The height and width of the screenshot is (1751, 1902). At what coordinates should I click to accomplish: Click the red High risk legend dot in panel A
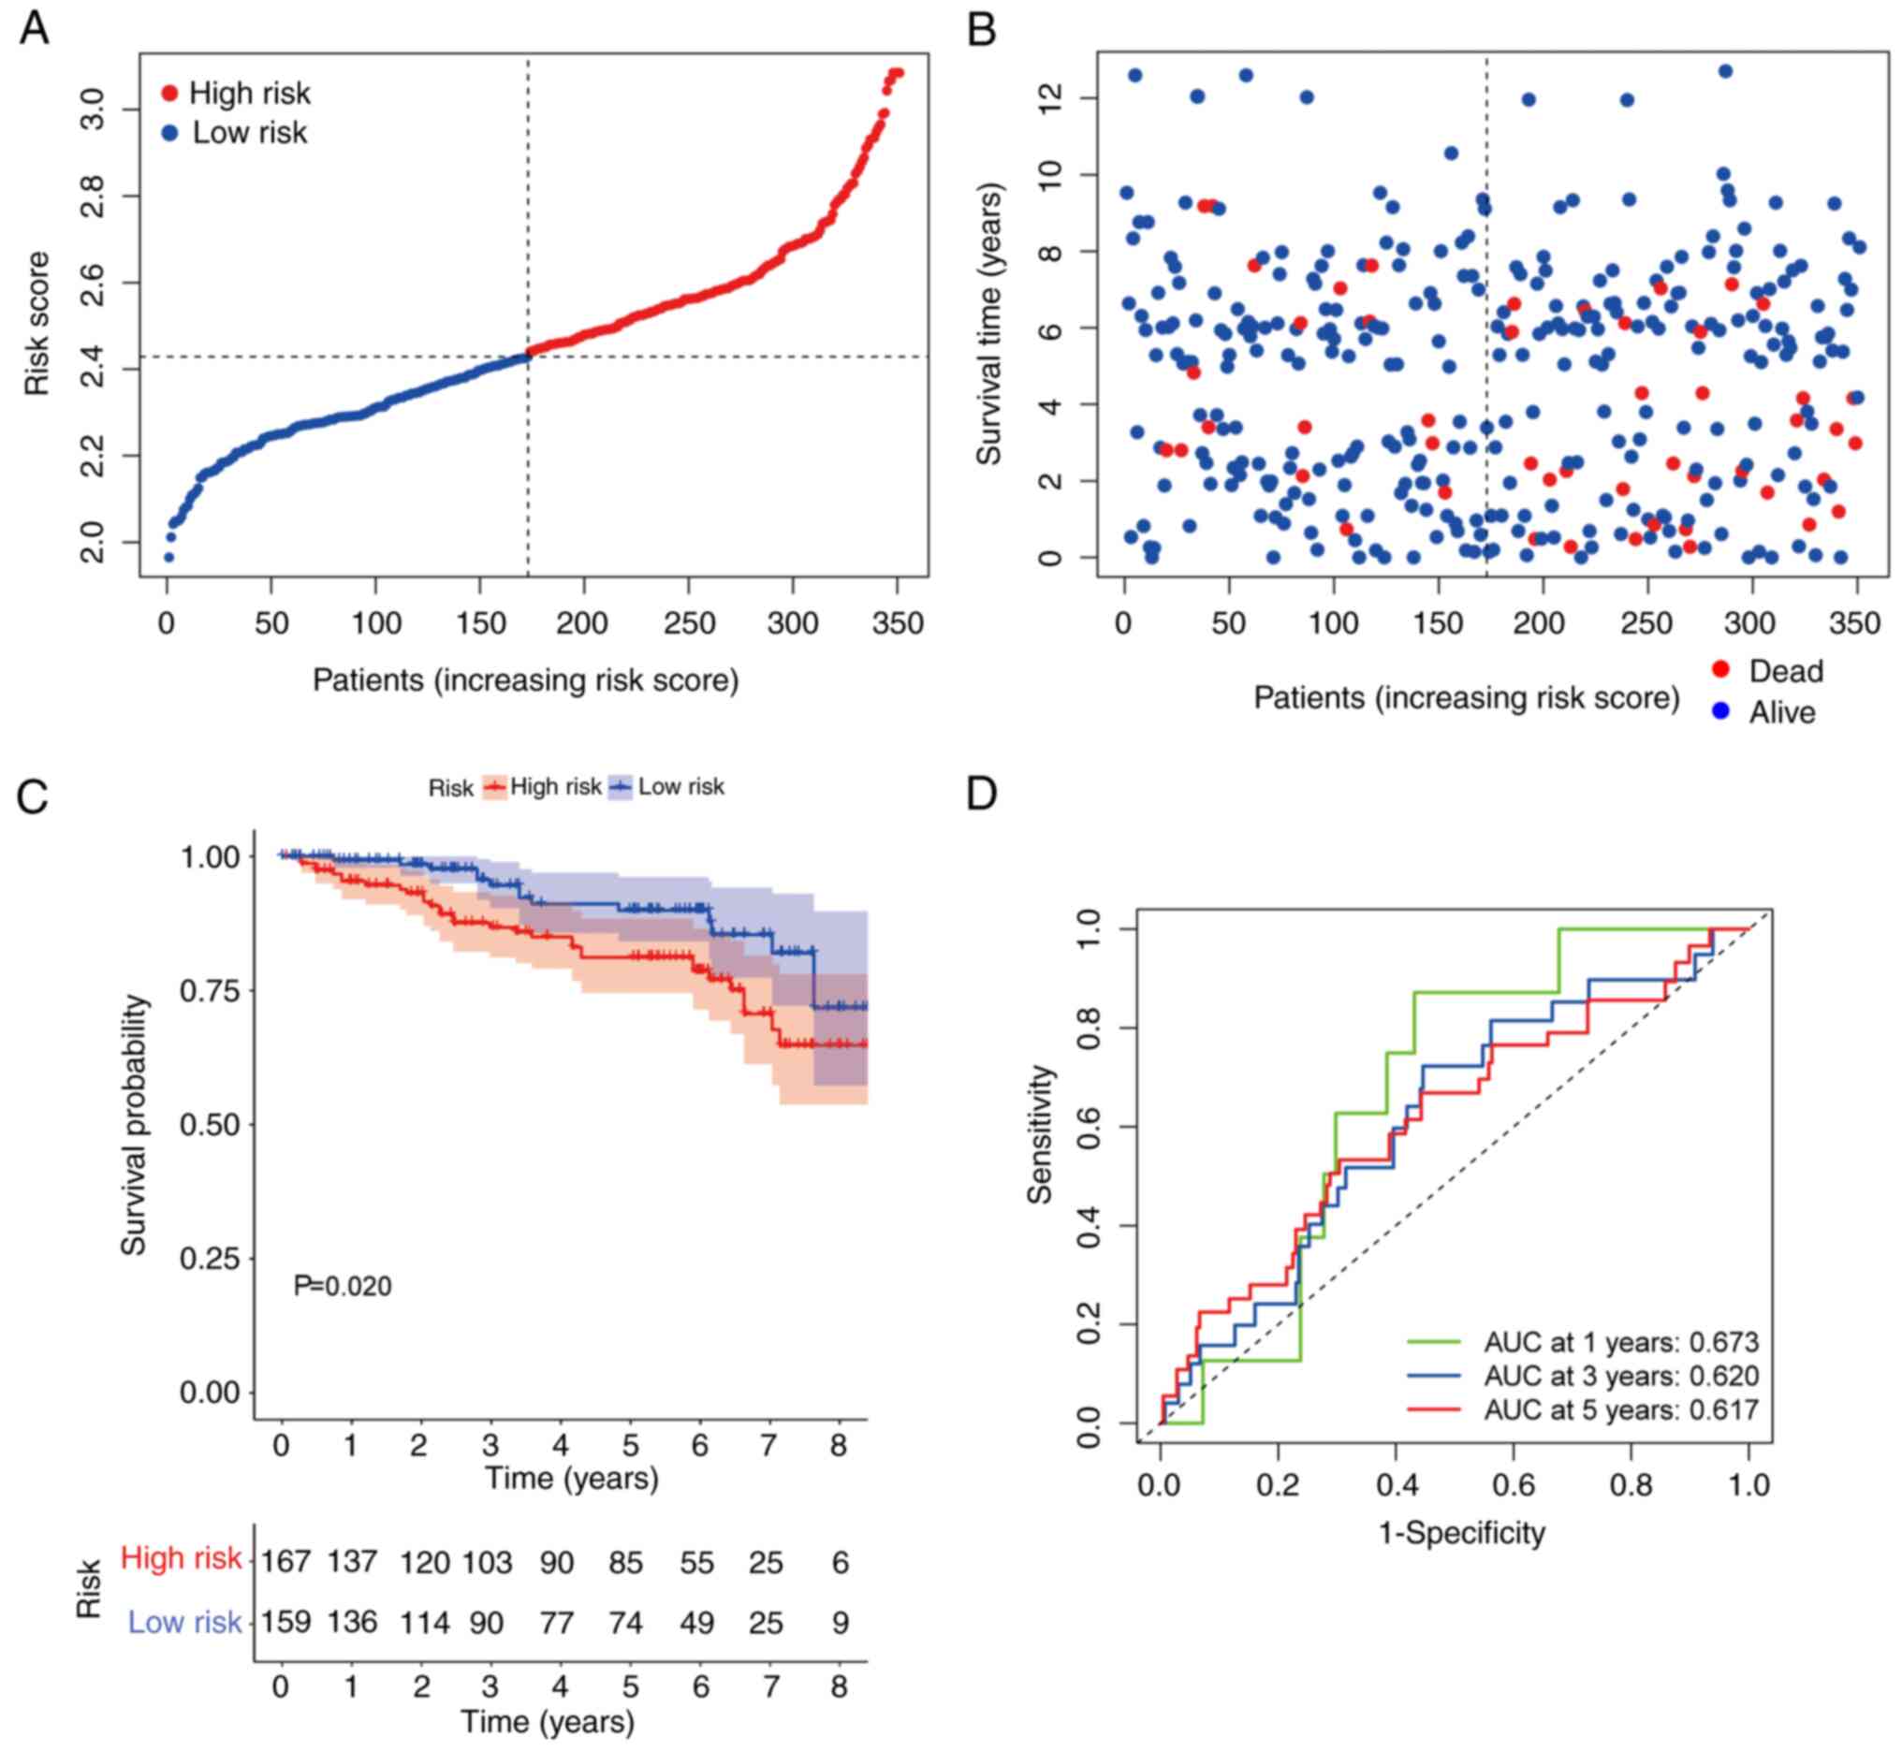(x=170, y=93)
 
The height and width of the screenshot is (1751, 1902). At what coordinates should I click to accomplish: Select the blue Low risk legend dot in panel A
(x=170, y=134)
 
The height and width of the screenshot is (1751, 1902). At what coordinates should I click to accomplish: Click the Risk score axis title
(x=37, y=323)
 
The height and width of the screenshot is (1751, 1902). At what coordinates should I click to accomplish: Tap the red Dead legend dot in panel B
(x=1721, y=670)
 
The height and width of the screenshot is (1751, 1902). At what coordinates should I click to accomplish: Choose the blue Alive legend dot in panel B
(x=1721, y=710)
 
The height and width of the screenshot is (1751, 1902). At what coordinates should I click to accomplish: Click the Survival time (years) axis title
(x=989, y=324)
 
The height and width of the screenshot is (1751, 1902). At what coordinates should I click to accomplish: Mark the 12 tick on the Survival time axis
(x=1051, y=97)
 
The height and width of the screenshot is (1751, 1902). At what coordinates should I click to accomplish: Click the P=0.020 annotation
(x=342, y=1286)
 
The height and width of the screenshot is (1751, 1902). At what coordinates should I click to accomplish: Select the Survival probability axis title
(x=134, y=1125)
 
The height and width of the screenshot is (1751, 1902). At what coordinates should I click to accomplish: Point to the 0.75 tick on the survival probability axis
(x=210, y=991)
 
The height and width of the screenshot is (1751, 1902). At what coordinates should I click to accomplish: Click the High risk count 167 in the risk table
(x=285, y=1559)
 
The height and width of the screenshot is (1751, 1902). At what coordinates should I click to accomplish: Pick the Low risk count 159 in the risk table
(x=285, y=1622)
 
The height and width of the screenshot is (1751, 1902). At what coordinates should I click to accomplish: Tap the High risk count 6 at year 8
(x=841, y=1562)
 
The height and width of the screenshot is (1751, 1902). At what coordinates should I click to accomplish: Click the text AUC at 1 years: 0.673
(x=1620, y=1343)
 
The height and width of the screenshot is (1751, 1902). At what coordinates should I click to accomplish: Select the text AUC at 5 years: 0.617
(x=1620, y=1410)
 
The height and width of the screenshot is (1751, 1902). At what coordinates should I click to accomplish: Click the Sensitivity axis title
(x=1041, y=1134)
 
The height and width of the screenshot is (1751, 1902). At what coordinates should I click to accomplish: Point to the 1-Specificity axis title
(x=1462, y=1532)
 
